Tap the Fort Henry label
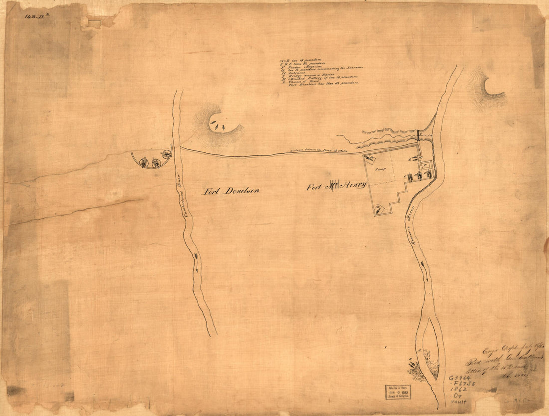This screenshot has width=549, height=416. point(337,187)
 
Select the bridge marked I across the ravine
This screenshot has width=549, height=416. point(418,135)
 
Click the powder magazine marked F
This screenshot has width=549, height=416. point(425,165)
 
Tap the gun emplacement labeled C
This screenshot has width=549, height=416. point(410,176)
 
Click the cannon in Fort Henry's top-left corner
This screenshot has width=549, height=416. point(370,159)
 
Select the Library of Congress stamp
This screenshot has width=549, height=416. point(397,392)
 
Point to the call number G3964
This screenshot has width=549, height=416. point(460,378)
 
